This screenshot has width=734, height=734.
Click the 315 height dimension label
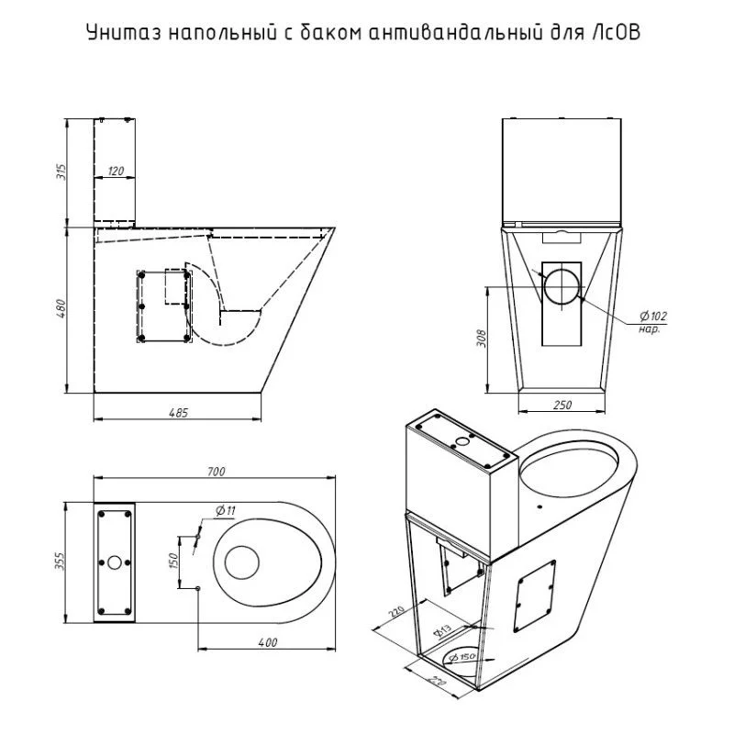pos(61,172)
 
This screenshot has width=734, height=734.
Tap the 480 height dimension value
pos(61,308)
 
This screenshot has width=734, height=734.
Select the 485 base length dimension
pos(178,412)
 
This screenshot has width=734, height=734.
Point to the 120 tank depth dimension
pos(116,171)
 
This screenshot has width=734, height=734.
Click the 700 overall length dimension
pos(216,472)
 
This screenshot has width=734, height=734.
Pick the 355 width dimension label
pos(61,561)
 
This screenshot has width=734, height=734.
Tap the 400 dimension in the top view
pos(268,642)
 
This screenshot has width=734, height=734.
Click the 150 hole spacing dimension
pos(172,561)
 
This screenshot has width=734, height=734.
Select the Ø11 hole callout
pos(226,510)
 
